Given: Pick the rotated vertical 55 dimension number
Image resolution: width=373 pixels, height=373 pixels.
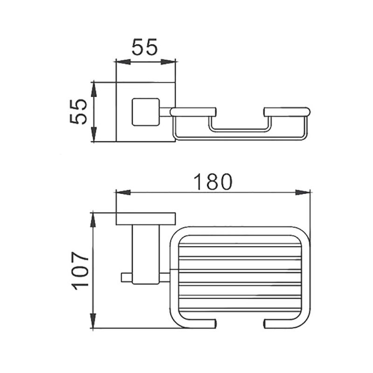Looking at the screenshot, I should click(78, 111).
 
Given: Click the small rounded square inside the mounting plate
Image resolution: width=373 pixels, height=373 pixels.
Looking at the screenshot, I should click(145, 112).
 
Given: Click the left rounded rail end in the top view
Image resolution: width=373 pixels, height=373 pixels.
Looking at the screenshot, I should click(193, 112).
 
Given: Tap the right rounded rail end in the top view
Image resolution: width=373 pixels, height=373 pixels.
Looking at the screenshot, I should click(286, 112).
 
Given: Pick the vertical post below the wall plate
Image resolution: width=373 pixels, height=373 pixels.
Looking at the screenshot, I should click(145, 254).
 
